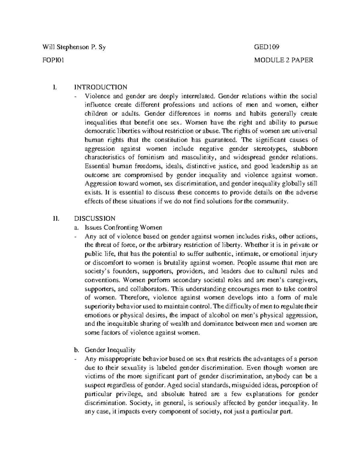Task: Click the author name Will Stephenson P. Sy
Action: [74, 47]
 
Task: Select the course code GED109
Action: [267, 47]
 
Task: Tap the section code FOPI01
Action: [54, 60]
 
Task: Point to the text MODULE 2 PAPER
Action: [283, 60]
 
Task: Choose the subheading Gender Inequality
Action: [110, 350]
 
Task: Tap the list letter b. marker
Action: [76, 350]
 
